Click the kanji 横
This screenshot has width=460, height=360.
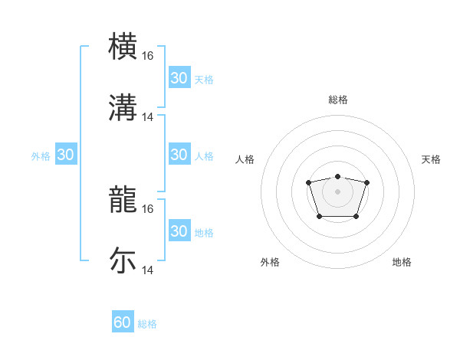tap(123, 46)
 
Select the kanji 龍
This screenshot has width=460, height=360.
tap(123, 199)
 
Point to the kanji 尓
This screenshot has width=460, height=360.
tap(123, 260)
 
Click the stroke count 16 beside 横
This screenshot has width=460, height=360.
tap(148, 56)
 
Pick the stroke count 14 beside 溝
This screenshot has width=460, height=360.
tap(148, 117)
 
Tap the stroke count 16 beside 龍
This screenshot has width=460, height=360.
tap(148, 208)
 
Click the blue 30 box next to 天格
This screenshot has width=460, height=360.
tap(179, 78)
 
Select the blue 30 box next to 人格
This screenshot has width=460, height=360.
tap(179, 155)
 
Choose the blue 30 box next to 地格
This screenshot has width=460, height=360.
tap(179, 231)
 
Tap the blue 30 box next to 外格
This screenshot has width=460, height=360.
tap(66, 155)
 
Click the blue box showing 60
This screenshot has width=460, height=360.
tap(123, 322)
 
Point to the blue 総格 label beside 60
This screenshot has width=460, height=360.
tap(148, 324)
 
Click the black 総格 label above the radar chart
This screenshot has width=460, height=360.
tap(338, 100)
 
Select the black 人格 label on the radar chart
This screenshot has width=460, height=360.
tap(245, 159)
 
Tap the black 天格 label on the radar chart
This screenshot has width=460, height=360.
tap(431, 159)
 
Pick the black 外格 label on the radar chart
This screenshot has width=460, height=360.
tap(270, 262)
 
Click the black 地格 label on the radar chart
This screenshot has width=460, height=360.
tap(402, 262)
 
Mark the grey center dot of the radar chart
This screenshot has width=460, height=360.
tap(337, 191)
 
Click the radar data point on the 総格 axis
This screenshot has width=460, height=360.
tap(337, 177)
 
